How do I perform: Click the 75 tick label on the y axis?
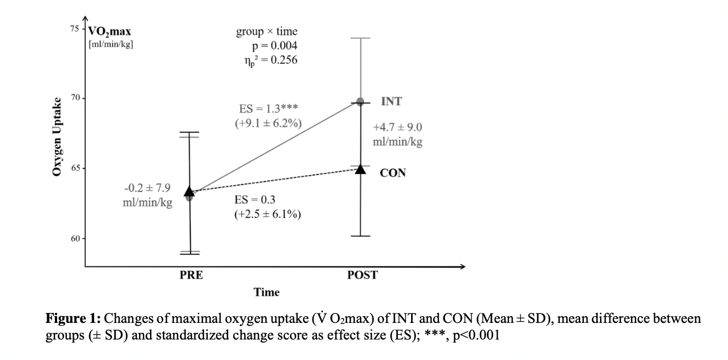(x=74, y=28)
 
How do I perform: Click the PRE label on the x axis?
(x=191, y=275)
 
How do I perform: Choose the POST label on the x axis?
(x=362, y=275)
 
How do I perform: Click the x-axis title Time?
(x=266, y=292)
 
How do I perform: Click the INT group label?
(x=392, y=102)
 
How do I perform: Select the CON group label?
(x=393, y=173)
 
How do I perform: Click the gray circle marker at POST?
(x=360, y=101)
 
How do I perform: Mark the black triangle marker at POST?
(x=360, y=168)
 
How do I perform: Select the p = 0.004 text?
(x=274, y=46)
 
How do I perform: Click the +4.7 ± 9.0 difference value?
(x=398, y=128)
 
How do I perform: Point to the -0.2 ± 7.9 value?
(x=147, y=189)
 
